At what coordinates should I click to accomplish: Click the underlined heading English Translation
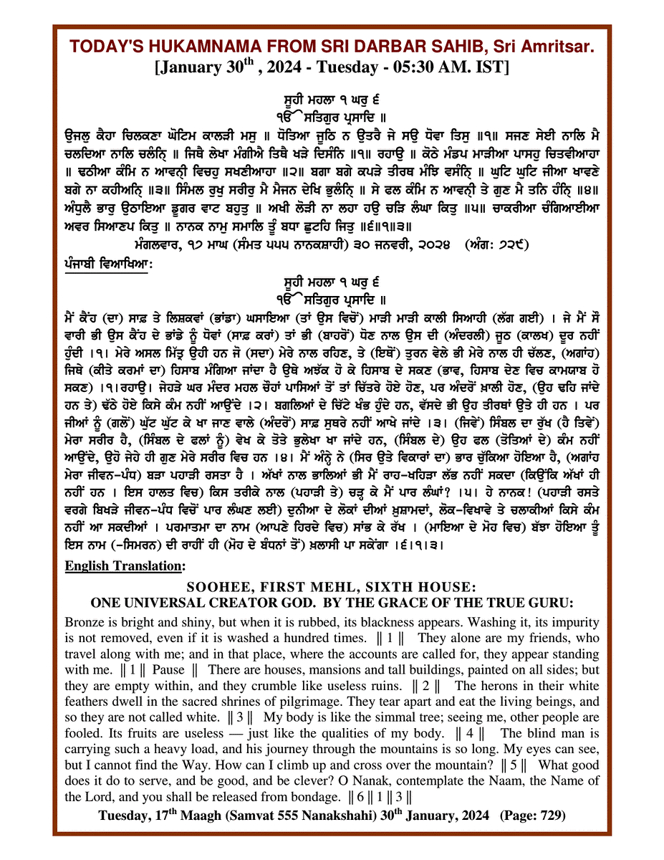pos(124,566)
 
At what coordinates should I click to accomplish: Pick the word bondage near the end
pos(310,797)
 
